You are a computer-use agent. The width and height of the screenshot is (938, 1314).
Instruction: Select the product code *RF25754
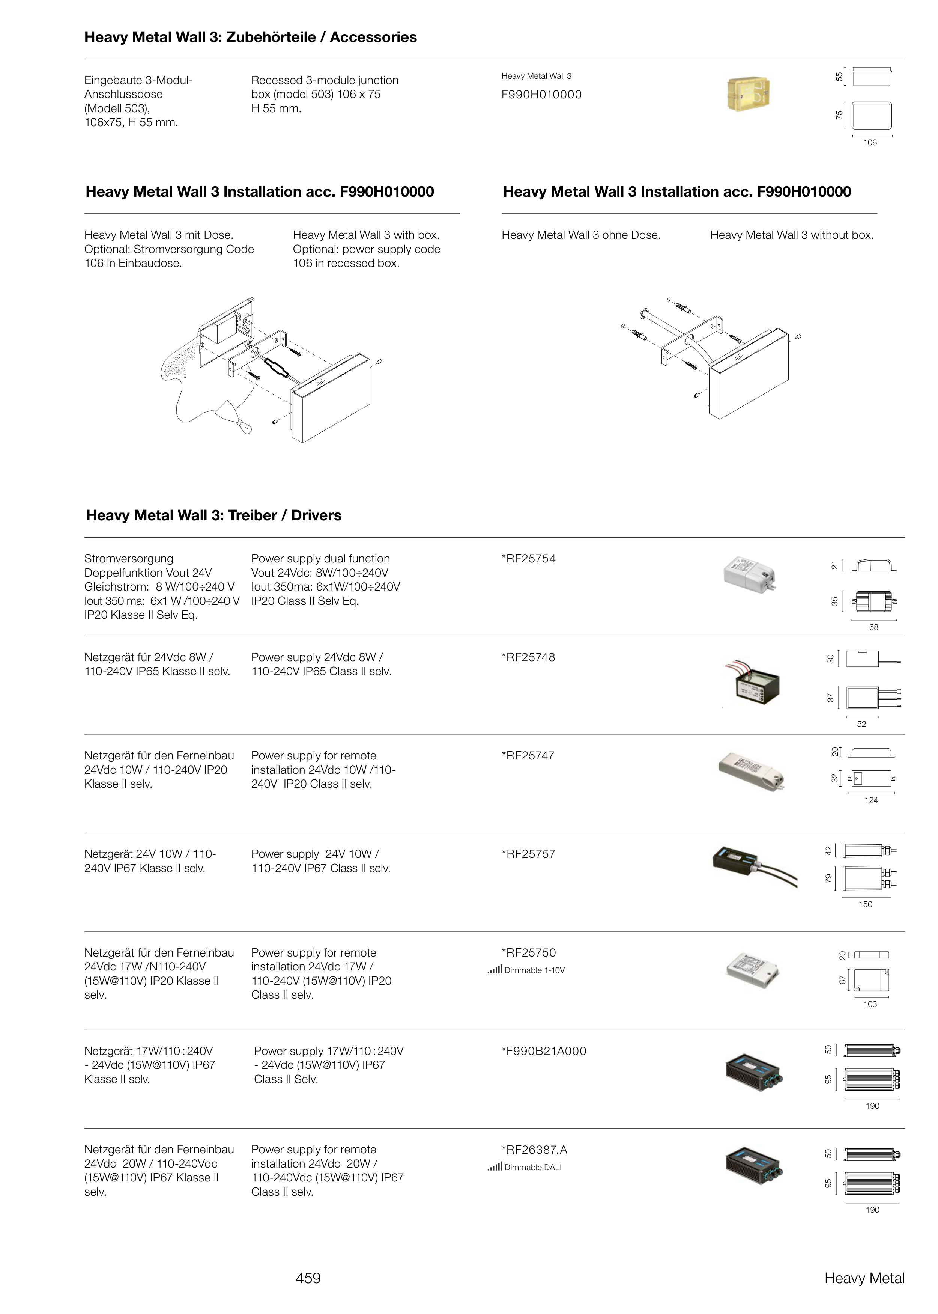[x=529, y=559]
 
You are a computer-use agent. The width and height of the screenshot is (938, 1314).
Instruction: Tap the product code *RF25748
[x=529, y=658]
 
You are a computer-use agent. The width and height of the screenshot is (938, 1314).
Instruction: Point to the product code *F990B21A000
[x=544, y=1051]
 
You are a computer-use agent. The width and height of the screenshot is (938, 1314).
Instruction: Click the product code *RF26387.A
[x=535, y=1150]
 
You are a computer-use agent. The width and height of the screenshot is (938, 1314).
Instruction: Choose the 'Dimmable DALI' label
[x=532, y=1167]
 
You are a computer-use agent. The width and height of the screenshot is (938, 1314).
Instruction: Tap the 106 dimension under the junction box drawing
[x=870, y=143]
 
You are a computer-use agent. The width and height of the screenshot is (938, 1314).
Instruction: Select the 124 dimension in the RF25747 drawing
[x=871, y=800]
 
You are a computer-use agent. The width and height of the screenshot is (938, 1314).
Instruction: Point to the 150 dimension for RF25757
[x=865, y=904]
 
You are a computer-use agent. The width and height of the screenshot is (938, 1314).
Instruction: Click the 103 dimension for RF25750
[x=870, y=1004]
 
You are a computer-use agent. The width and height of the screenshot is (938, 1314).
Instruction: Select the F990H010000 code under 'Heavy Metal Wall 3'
[x=541, y=95]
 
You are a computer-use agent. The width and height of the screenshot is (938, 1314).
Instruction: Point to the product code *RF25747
[x=528, y=756]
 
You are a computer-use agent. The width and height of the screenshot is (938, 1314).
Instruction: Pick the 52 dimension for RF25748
[x=861, y=724]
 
